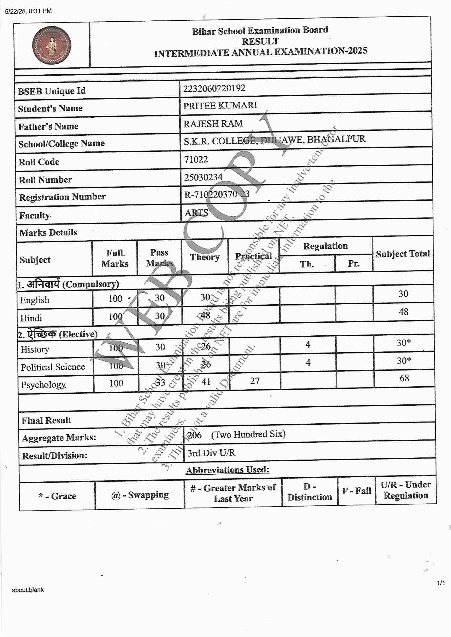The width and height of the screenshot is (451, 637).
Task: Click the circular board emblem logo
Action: pos(52,45)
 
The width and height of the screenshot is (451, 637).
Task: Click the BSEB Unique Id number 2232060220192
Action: pos(214,88)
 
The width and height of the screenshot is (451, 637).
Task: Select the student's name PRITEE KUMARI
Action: pos(220,105)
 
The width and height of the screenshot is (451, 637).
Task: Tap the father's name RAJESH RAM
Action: pos(213,124)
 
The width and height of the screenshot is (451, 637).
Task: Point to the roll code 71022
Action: pos(196,160)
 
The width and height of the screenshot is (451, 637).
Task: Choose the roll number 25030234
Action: pos(203,177)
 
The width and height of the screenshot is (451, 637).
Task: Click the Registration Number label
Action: pos(62,197)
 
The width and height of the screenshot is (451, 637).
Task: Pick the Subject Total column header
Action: pos(403,254)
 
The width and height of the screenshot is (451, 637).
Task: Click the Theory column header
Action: pos(205,257)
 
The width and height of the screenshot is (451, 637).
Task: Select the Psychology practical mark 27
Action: pos(255,381)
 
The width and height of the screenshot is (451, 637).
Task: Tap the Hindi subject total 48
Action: pos(403,312)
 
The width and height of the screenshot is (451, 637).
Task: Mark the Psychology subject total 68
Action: pos(404,378)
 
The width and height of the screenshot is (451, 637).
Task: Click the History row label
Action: pos(35,350)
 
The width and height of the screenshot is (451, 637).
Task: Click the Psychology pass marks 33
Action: pos(160,382)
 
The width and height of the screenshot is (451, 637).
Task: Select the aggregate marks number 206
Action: pos(195,435)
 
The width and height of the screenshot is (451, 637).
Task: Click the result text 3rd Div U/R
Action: pos(211,453)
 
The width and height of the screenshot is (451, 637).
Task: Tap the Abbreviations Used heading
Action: pos(227,470)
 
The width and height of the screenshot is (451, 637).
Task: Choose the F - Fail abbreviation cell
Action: pos(356,491)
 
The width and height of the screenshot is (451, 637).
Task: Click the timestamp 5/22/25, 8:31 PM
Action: pos(28,11)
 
